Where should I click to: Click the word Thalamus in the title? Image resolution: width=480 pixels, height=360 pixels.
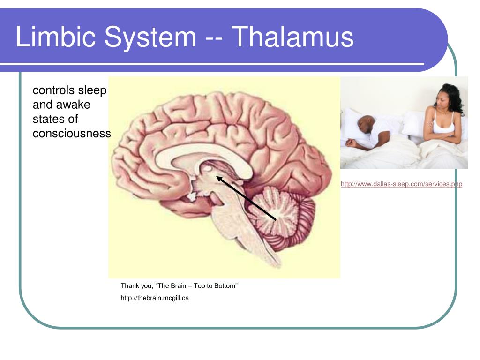(x=292, y=37)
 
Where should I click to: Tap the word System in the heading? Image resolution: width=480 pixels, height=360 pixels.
(x=150, y=38)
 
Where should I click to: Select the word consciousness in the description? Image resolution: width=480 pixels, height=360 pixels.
(x=72, y=134)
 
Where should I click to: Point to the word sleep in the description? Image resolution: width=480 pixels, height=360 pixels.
(x=92, y=90)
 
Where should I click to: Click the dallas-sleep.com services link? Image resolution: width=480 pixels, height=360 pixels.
(x=401, y=184)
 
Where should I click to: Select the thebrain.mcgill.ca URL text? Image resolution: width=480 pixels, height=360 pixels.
(x=155, y=298)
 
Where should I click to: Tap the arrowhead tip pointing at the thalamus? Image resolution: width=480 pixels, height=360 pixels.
(x=217, y=176)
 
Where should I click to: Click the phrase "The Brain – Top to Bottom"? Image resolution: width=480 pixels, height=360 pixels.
(x=196, y=286)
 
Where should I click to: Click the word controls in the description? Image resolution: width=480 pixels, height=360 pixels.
(x=53, y=90)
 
